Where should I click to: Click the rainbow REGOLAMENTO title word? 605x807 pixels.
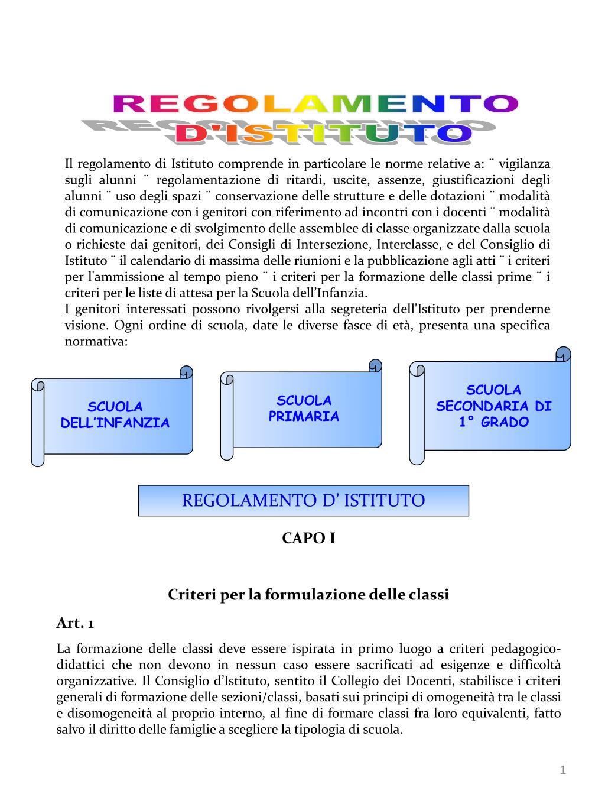tap(315, 105)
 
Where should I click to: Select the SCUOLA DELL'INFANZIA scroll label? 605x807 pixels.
tap(115, 415)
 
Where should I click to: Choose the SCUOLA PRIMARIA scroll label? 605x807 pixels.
tap(304, 409)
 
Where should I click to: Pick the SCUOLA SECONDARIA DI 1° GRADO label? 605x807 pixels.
tap(494, 406)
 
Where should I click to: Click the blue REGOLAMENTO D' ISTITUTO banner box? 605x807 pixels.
tap(303, 501)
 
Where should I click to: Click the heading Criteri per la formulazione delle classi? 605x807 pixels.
tap(308, 594)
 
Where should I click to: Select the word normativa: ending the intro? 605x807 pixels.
tap(96, 342)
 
